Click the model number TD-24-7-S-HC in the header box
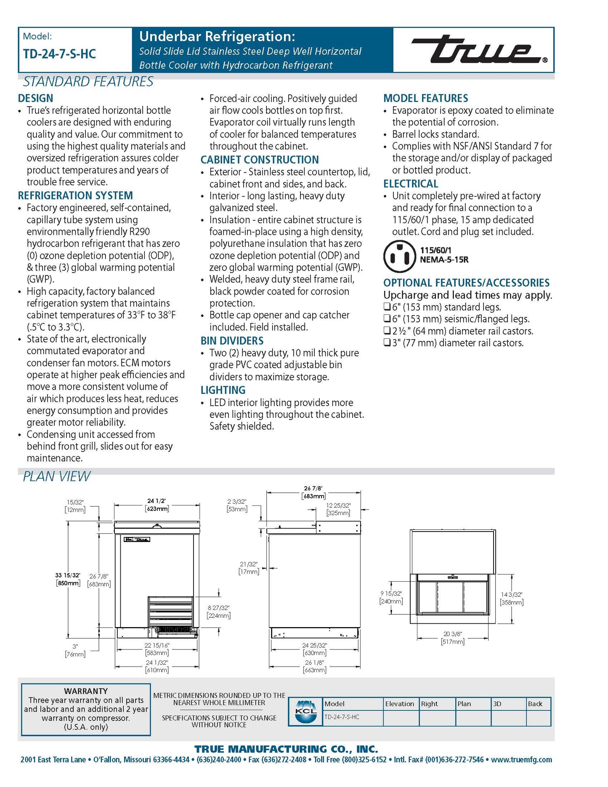[59, 54]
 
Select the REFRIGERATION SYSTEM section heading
[75, 196]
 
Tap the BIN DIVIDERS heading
[232, 341]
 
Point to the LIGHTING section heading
[223, 390]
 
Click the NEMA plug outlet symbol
[399, 256]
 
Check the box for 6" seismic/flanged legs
[387, 319]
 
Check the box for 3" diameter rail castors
[387, 343]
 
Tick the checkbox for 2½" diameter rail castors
[387, 331]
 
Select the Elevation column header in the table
[400, 704]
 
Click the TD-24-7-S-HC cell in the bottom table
[342, 717]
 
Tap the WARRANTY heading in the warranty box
[86, 691]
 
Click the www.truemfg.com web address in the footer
[521, 760]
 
